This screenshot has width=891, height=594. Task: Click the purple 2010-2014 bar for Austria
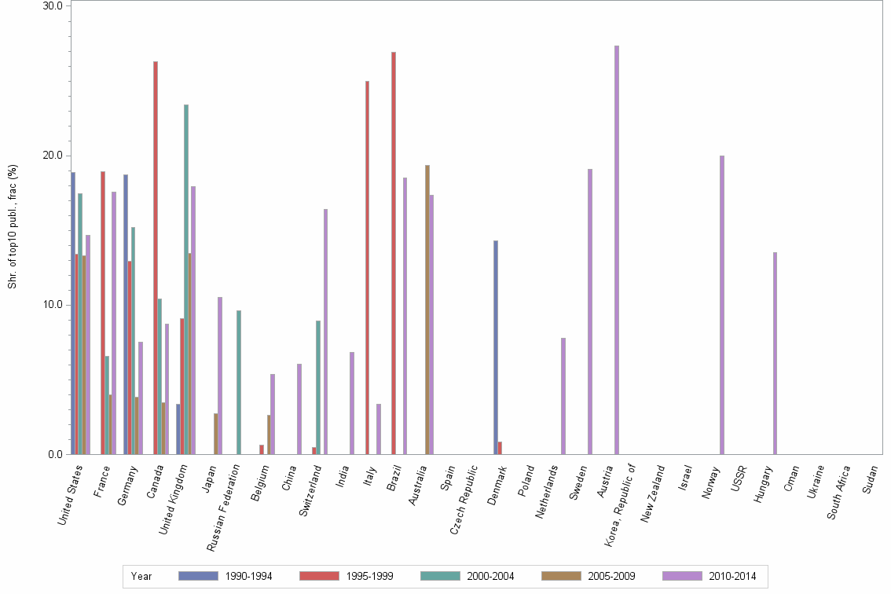[x=617, y=250]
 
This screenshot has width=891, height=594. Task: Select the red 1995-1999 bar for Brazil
[x=394, y=253]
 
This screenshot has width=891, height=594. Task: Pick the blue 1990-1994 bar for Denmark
[x=496, y=347]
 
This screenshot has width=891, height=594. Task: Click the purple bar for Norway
[x=722, y=305]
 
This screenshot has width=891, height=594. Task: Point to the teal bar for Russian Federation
[x=239, y=382]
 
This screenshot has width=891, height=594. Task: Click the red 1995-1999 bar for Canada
[x=156, y=258]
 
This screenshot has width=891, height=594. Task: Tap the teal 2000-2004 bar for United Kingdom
[x=186, y=279]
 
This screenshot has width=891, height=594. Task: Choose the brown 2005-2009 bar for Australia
[x=427, y=310]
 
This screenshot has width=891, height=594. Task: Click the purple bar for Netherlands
[x=563, y=396]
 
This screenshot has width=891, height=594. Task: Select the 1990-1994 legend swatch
[x=198, y=576]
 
